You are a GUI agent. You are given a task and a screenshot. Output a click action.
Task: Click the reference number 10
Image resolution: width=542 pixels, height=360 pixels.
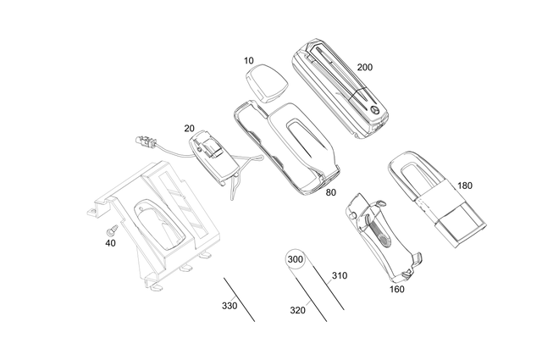point(248,60)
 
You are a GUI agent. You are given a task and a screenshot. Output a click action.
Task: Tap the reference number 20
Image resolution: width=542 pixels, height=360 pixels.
point(189,129)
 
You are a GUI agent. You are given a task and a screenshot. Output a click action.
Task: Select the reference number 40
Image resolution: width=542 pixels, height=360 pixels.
point(110,243)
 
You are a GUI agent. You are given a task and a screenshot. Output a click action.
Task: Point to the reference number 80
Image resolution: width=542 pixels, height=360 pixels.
point(330,193)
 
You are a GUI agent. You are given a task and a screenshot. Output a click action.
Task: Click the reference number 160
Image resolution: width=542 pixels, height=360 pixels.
point(396,289)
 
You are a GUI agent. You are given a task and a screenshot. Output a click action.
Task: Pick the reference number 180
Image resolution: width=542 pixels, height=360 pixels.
point(465,186)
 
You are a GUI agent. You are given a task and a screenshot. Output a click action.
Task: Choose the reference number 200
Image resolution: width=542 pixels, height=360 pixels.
point(365,67)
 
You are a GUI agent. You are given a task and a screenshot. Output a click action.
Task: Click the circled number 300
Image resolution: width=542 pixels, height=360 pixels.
point(296,259)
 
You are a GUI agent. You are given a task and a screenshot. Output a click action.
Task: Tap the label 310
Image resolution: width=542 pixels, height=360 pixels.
point(339,275)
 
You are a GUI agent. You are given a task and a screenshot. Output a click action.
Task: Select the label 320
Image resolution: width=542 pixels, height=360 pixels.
point(297,310)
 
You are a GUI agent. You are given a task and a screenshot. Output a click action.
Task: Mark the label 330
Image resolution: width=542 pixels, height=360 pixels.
point(230,305)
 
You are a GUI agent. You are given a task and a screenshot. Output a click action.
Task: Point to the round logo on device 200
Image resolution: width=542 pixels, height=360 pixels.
point(373,110)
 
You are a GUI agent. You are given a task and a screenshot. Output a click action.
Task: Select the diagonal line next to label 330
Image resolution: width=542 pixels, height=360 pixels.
point(240,298)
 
